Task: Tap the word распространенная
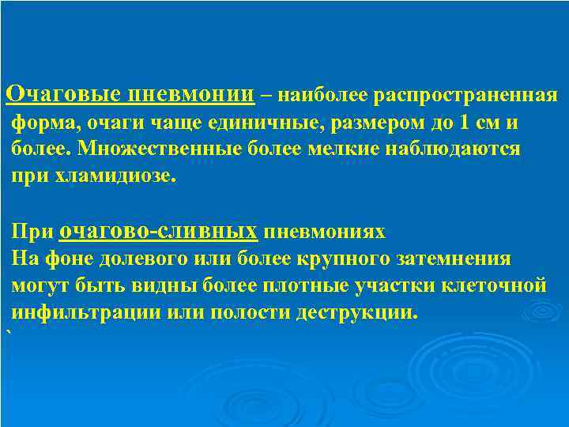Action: [466, 96]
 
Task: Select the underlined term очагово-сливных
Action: [158, 231]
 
